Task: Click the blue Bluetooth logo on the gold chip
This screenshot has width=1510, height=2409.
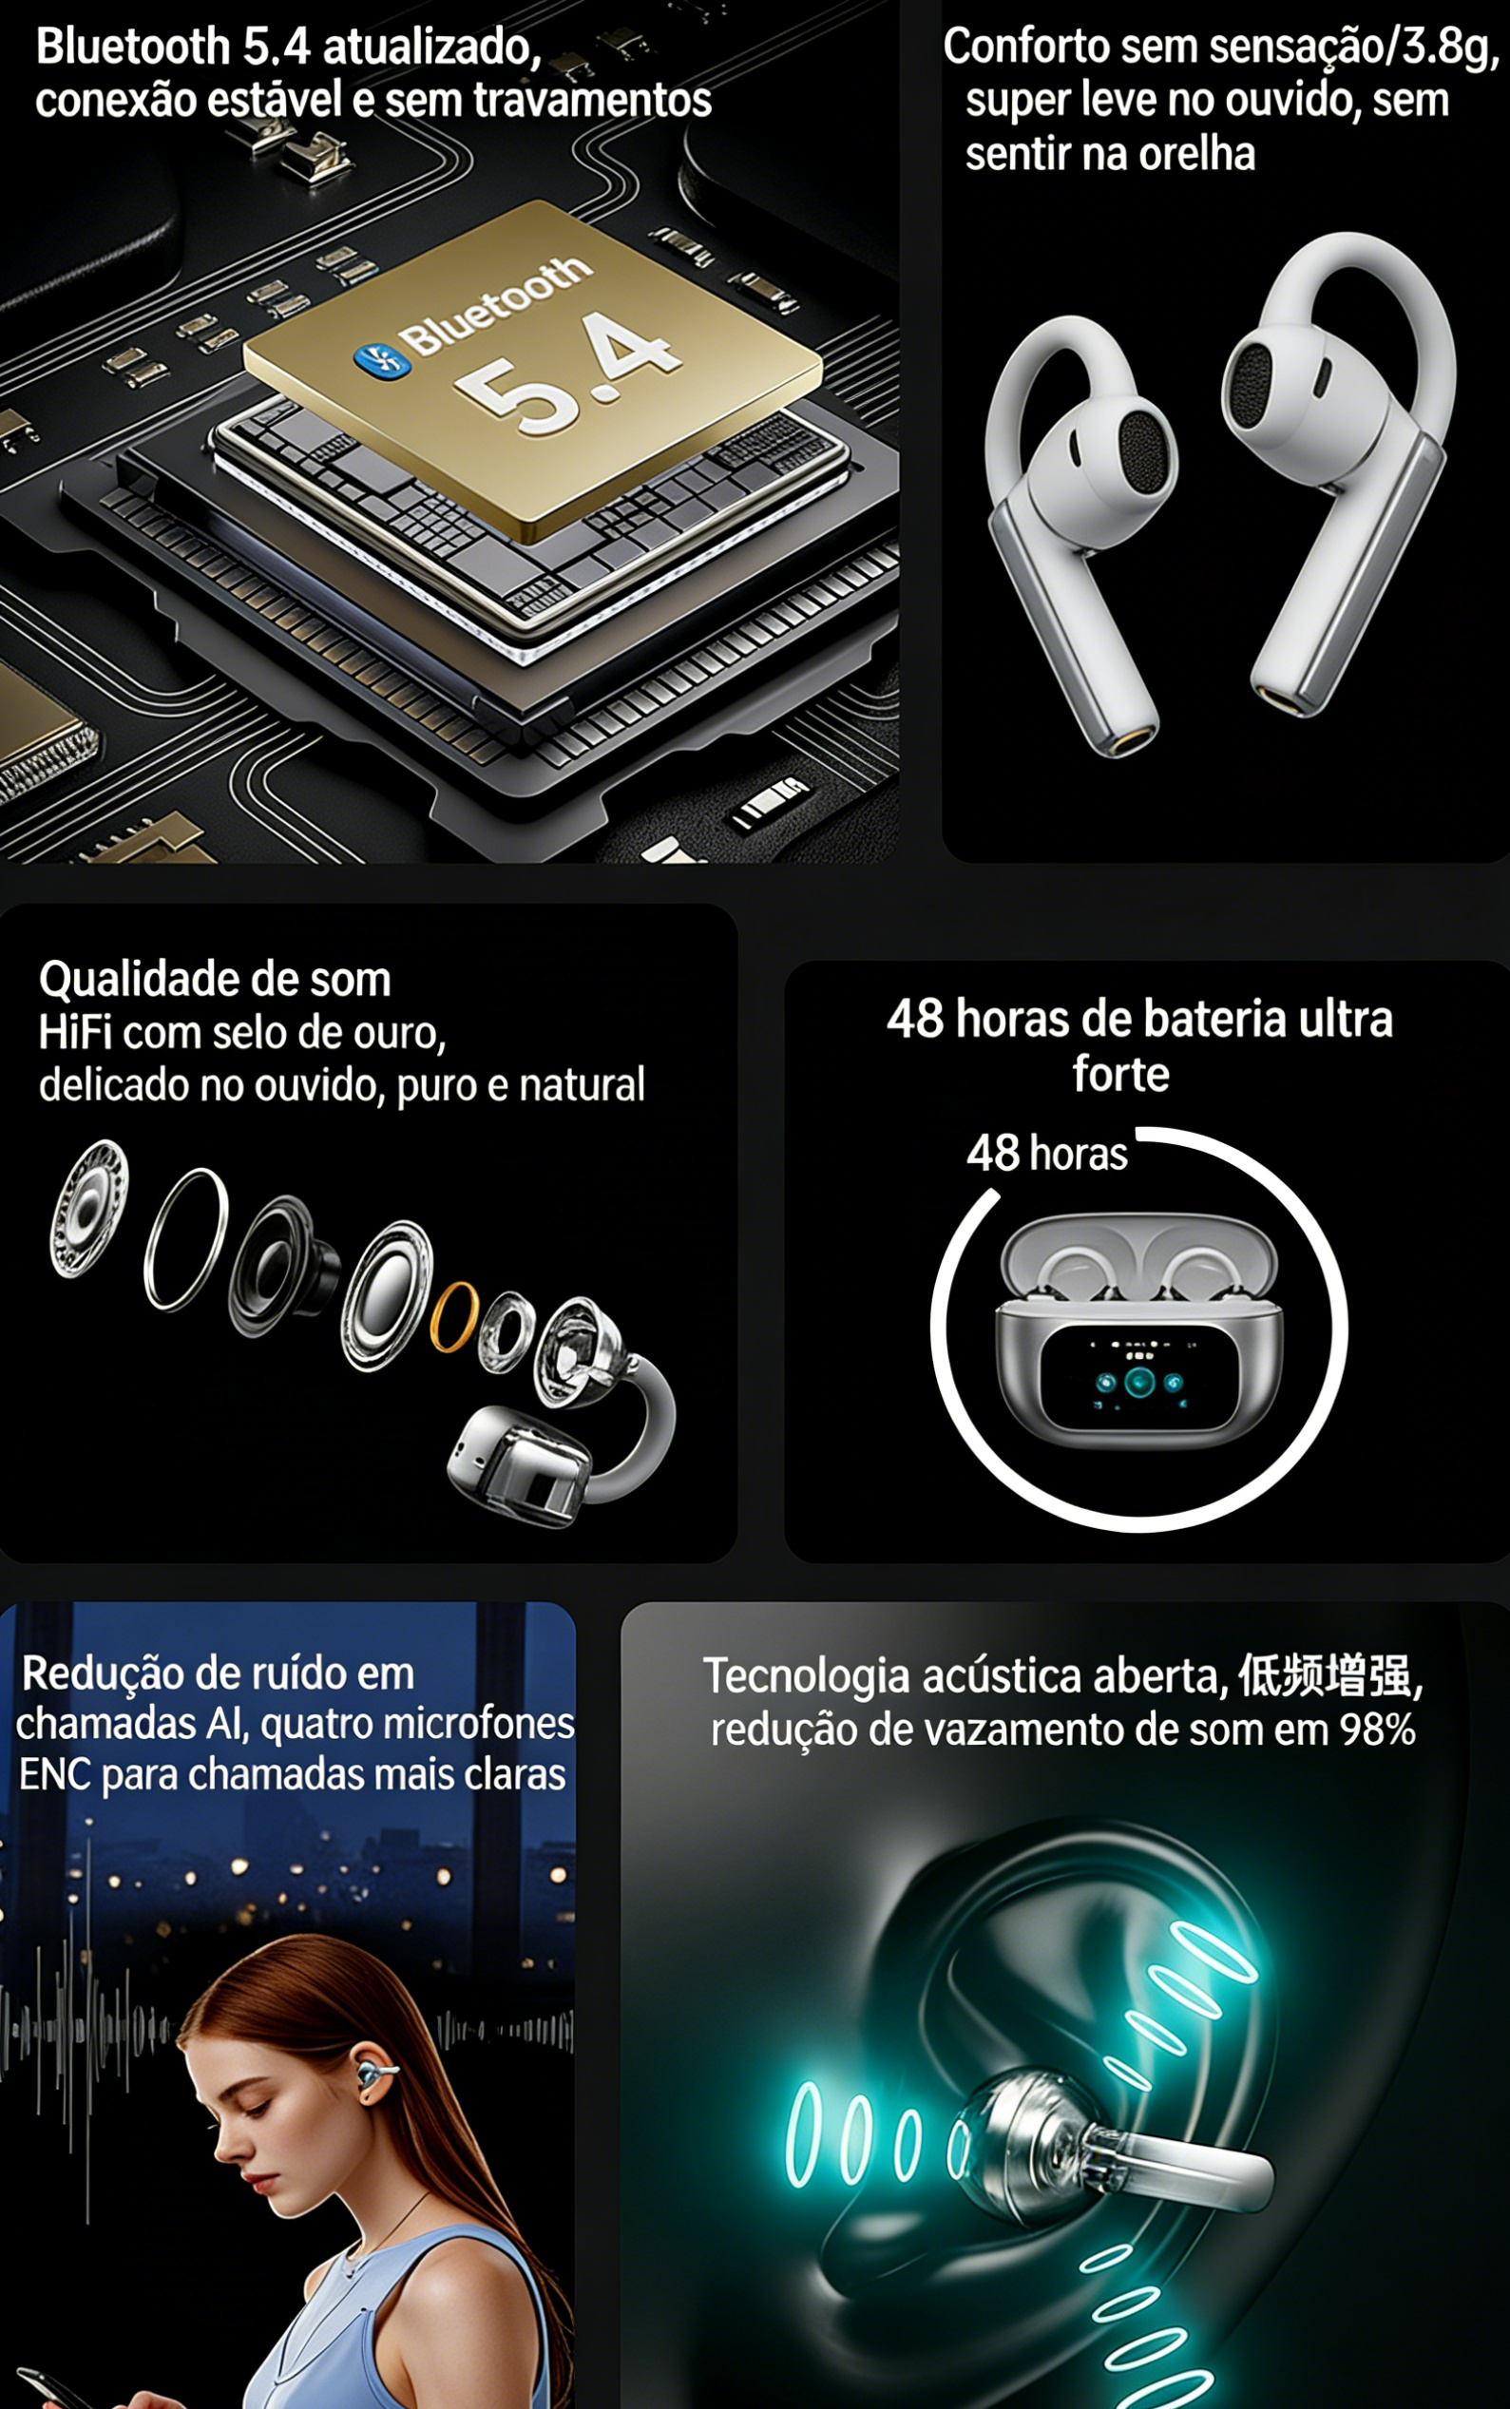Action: (x=380, y=357)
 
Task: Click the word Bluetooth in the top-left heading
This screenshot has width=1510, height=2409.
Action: (x=133, y=47)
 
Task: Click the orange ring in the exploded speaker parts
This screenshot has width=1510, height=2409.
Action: (x=453, y=1316)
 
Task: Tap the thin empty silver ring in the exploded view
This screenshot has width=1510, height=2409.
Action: (x=187, y=1238)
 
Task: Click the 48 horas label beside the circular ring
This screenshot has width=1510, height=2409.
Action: (x=1046, y=1154)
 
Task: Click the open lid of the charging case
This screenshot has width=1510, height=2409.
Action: (x=1138, y=1257)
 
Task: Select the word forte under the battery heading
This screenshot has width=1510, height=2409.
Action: (x=1120, y=1075)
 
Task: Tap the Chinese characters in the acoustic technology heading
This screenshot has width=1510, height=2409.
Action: (x=1326, y=1677)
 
